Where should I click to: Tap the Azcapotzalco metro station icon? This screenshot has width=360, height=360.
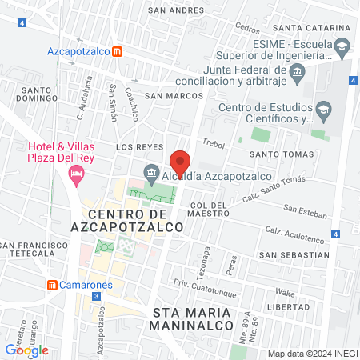pyautogui.click(x=118, y=52)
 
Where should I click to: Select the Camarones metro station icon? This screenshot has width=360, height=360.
pyautogui.click(x=53, y=285)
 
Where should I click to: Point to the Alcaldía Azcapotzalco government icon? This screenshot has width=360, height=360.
pyautogui.click(x=150, y=173)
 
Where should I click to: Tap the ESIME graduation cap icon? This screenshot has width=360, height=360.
pyautogui.click(x=342, y=46)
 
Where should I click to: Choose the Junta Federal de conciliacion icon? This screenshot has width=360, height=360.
pyautogui.click(x=297, y=74)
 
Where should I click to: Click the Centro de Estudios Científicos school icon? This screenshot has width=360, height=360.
pyautogui.click(x=323, y=109)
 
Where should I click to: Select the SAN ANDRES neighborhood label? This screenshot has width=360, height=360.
pyautogui.click(x=169, y=11)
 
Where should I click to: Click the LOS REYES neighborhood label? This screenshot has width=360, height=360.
pyautogui.click(x=134, y=148)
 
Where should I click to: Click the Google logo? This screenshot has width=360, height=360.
pyautogui.click(x=26, y=350)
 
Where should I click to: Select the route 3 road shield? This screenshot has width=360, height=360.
pyautogui.click(x=96, y=296)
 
